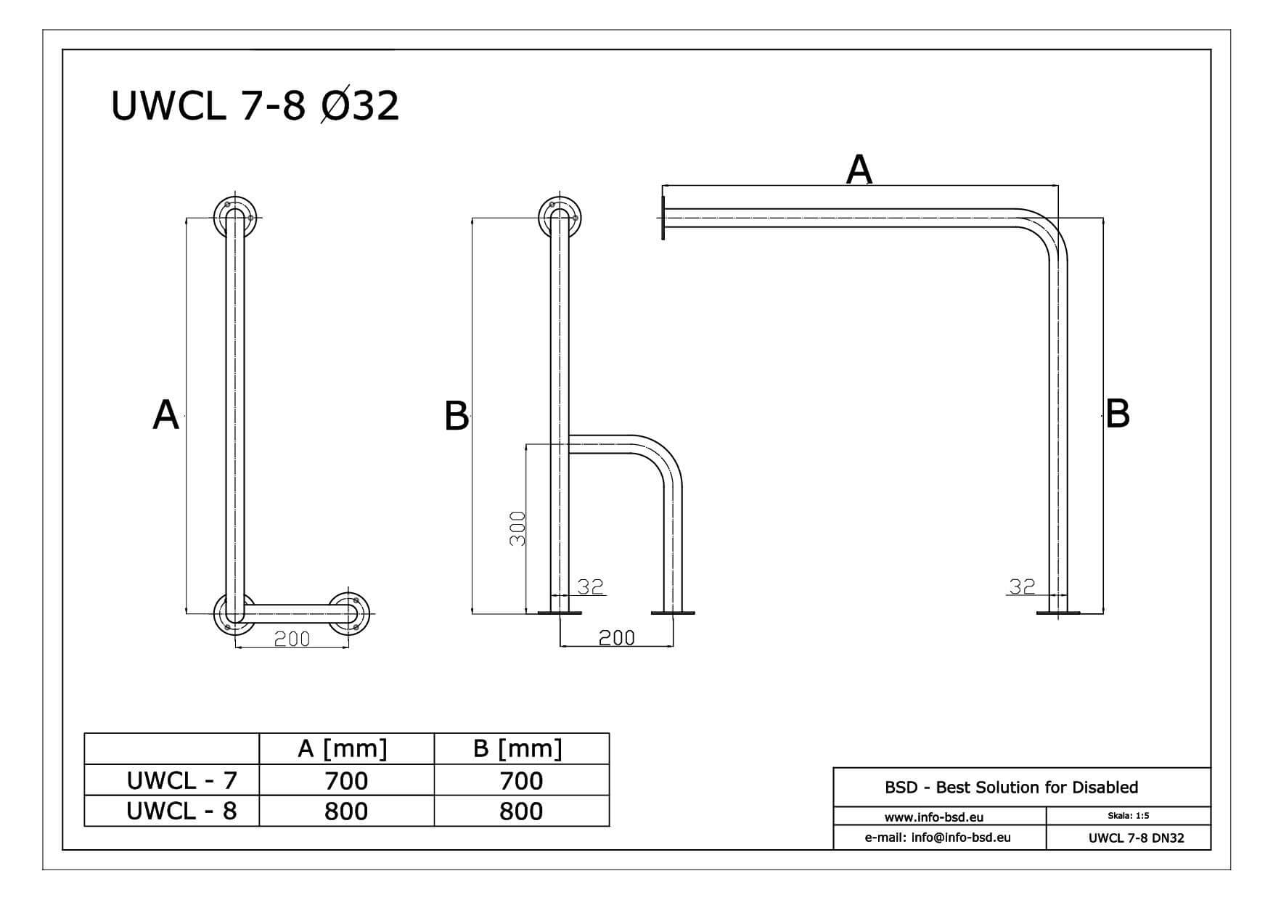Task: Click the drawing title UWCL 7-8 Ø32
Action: click(x=255, y=105)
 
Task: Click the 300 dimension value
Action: click(x=517, y=529)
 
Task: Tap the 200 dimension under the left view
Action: click(x=292, y=639)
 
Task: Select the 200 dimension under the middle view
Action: click(x=616, y=638)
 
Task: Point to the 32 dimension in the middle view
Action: click(x=591, y=586)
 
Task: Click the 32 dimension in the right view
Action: click(x=1022, y=586)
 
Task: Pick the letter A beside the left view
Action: click(x=165, y=415)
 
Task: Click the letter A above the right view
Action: click(x=859, y=170)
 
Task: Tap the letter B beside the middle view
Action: click(x=457, y=417)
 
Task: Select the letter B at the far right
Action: click(x=1118, y=413)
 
